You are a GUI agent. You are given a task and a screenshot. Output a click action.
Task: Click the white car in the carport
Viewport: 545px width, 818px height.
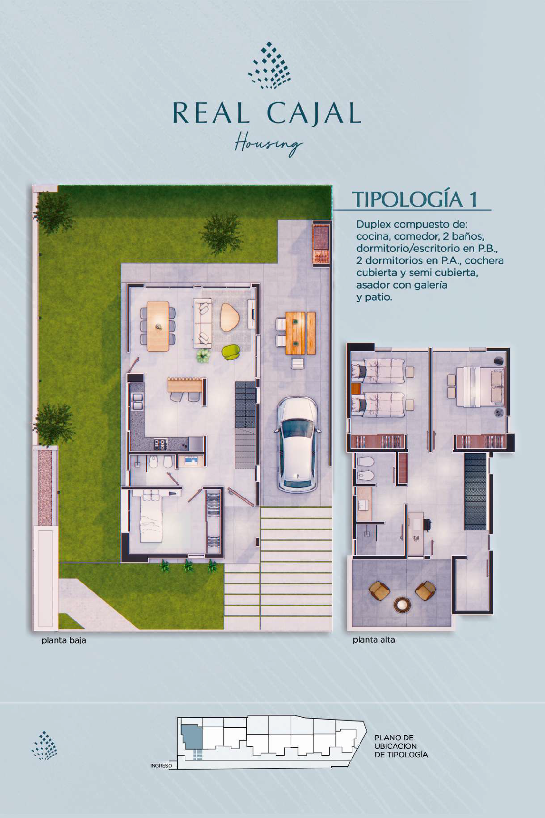(298, 443)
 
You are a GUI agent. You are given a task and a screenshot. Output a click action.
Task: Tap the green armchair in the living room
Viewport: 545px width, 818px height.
(231, 352)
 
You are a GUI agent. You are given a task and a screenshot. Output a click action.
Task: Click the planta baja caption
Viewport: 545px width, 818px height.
(64, 640)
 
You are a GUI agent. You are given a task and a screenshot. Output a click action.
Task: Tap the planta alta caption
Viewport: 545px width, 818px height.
(374, 640)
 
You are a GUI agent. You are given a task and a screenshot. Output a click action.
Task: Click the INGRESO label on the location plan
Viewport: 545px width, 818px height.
(161, 766)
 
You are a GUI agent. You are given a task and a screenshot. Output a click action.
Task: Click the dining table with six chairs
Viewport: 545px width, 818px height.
(158, 326)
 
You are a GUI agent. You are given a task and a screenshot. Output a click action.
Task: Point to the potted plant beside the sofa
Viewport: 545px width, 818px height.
(203, 355)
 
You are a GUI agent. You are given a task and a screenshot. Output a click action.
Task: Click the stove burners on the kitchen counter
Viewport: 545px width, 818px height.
(160, 444)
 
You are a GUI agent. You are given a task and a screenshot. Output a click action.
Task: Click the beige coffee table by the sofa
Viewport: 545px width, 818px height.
(230, 317)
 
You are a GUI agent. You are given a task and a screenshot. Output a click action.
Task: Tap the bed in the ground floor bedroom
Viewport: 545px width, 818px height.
(152, 516)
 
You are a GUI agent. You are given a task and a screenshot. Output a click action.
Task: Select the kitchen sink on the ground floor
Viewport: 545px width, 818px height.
(137, 402)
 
